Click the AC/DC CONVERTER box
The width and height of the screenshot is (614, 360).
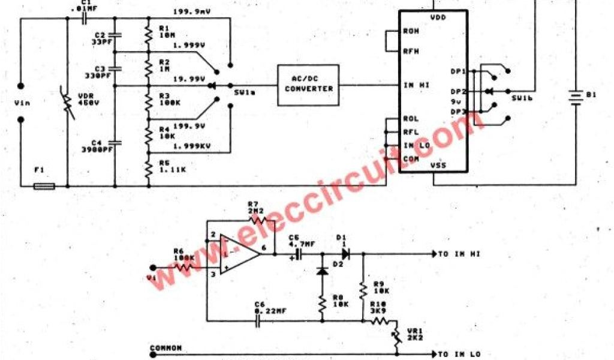(308, 85)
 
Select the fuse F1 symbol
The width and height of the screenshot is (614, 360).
(44, 186)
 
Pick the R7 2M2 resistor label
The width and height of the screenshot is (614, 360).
(256, 208)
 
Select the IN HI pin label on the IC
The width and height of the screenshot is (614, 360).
(416, 85)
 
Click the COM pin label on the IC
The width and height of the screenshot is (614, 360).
(411, 158)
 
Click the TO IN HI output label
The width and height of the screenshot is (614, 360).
(459, 254)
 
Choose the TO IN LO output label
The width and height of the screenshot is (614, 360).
(459, 354)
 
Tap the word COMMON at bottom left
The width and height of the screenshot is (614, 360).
(165, 348)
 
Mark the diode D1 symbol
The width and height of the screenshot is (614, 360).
(346, 254)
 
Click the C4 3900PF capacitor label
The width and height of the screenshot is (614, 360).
(92, 146)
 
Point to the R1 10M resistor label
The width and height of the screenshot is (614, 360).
(165, 32)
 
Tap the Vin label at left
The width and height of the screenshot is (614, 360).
(21, 103)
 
